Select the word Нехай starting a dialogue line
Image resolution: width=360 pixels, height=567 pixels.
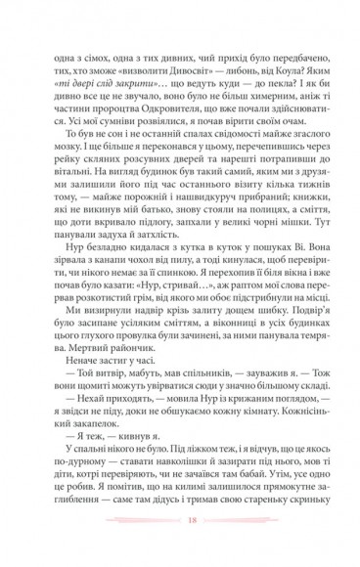[80, 404]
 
